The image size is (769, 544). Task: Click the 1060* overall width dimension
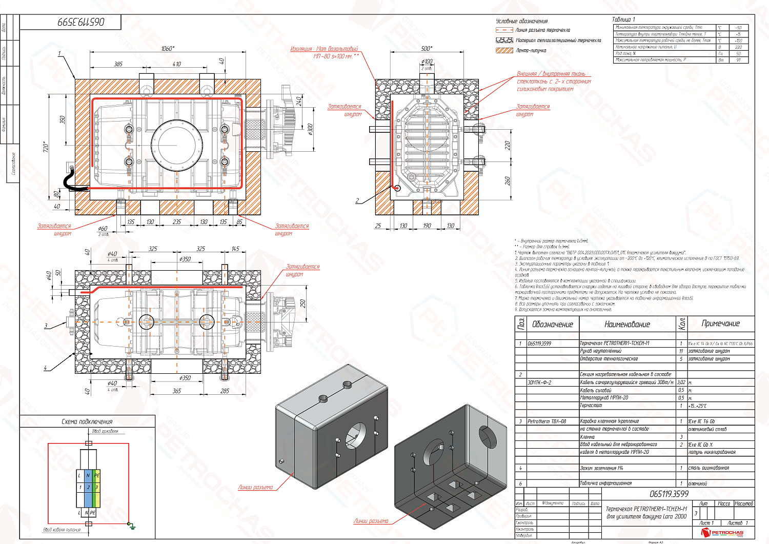click(167, 49)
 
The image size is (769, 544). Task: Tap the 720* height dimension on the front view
click(45, 148)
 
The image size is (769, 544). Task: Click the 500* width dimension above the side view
click(427, 49)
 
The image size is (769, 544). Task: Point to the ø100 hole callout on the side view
click(427, 62)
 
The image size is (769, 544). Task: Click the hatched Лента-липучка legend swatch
click(504, 51)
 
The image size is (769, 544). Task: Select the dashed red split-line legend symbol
click(504, 30)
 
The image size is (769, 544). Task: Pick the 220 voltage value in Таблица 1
click(738, 47)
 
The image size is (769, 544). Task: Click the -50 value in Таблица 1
click(738, 28)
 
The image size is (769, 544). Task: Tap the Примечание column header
click(720, 324)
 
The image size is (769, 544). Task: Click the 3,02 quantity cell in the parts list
click(681, 382)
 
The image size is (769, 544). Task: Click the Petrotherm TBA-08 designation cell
click(547, 421)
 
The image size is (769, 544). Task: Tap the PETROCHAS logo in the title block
click(722, 533)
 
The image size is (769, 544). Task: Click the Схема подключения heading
click(87, 421)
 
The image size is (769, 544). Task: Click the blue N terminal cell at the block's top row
click(88, 475)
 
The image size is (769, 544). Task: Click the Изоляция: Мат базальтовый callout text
click(324, 49)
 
